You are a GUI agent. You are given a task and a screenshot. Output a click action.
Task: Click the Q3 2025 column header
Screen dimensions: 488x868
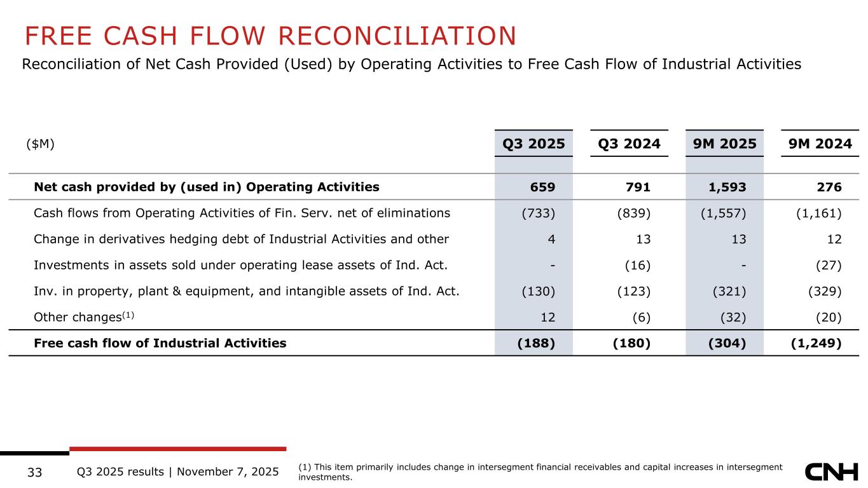click(534, 144)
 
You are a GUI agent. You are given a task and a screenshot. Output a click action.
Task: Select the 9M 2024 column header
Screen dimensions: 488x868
click(820, 144)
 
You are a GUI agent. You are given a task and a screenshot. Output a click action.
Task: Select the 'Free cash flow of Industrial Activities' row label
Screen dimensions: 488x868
click(160, 343)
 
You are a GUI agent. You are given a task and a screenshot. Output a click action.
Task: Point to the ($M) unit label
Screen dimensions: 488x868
click(40, 144)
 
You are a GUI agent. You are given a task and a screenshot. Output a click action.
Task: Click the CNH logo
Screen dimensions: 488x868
click(832, 471)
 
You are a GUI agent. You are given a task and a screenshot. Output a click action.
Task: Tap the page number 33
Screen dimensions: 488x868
click(35, 472)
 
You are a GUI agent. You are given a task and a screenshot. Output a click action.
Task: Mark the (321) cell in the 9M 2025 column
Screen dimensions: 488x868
click(729, 291)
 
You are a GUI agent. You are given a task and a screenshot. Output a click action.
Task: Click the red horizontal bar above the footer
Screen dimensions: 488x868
click(177, 449)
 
